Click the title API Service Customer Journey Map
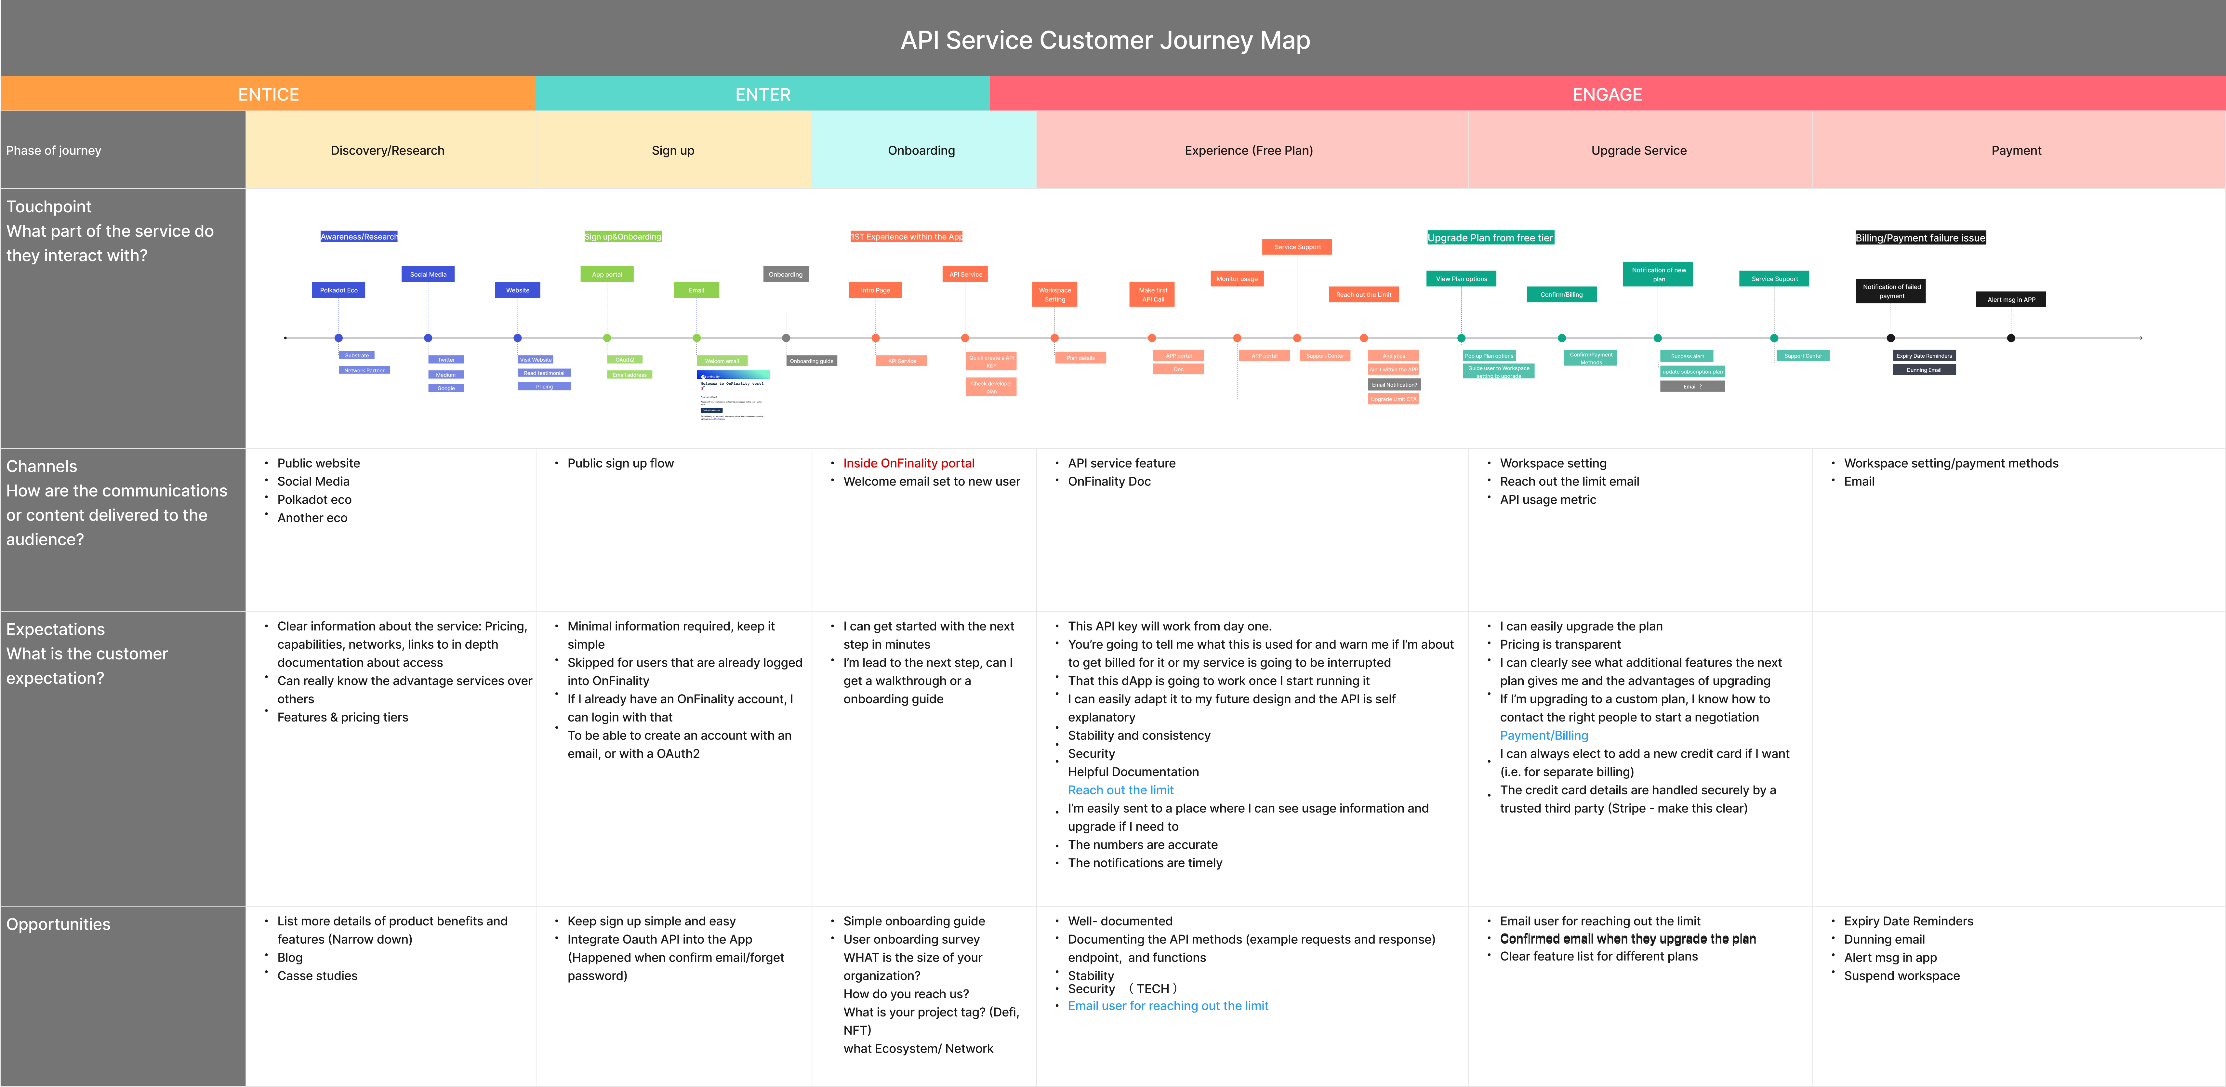tap(1105, 41)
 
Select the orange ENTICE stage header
tap(268, 94)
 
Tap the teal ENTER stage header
tap(762, 94)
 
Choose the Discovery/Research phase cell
tap(387, 150)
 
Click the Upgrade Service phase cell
tap(1638, 150)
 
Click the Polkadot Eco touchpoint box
tap(339, 290)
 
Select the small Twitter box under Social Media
tap(446, 359)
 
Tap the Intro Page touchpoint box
tap(875, 290)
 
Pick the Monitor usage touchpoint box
tap(1237, 279)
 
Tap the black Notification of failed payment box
tap(1891, 291)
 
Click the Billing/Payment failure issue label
tap(1920, 238)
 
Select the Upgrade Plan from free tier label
tap(1490, 238)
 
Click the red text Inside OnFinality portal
tap(908, 463)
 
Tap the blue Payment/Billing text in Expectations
tap(1543, 735)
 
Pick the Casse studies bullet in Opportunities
tap(317, 975)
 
